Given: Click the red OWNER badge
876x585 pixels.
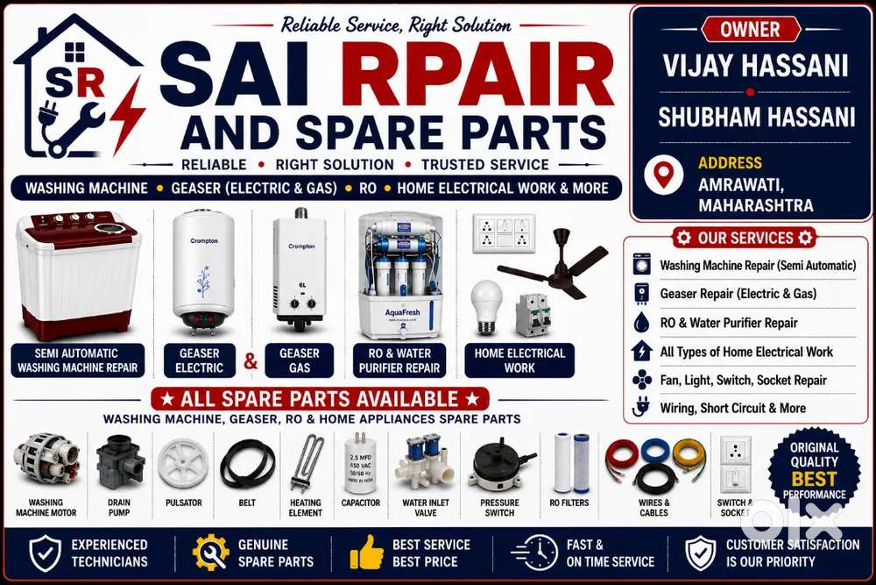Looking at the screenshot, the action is pos(751,29).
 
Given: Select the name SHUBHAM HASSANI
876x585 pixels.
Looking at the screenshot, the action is pos(757,118).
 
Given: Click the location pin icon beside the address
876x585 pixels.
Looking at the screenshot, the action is pos(663,174).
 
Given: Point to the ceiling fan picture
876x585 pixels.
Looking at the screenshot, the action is pos(553,264).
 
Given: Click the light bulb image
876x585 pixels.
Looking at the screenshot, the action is pos(486,308).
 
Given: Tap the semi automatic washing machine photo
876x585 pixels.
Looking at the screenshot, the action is pos(78,274).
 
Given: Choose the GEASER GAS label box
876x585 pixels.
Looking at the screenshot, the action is pos(300,360).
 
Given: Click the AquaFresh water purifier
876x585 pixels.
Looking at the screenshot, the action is pos(399,275).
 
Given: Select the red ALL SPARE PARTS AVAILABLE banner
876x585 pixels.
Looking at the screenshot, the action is pos(320,399).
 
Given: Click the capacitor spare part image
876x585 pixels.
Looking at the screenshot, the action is pos(360,462).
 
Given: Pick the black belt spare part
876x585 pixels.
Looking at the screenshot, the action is pos(248,463).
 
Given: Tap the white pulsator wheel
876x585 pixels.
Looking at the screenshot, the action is pos(183,463).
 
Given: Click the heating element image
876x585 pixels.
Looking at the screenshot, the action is pos(306,463).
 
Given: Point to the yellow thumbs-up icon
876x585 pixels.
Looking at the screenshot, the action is pos(366,553).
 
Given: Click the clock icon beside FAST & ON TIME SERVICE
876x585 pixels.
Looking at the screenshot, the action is pos(534,553).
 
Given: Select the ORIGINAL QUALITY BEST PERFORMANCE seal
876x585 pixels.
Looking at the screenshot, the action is pos(814,471).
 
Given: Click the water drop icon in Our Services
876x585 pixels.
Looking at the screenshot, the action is pos(642,322).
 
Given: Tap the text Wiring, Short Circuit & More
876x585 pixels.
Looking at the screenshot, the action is pos(733,408).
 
